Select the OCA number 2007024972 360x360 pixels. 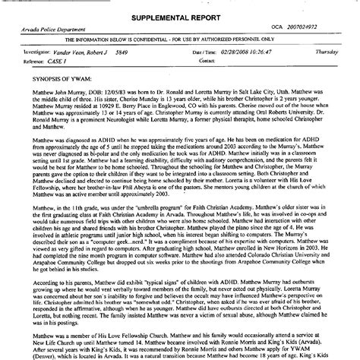(311, 27)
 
